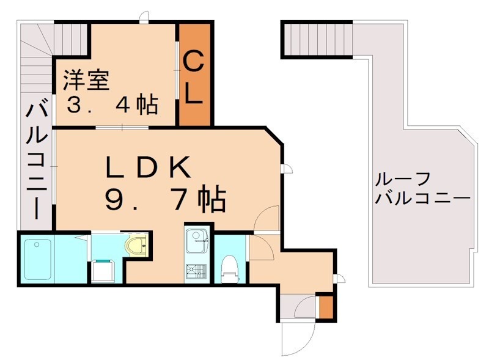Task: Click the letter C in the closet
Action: click(x=194, y=62)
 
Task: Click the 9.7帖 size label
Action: click(x=165, y=199)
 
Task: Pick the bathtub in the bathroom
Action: click(x=38, y=259)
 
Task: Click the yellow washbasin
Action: click(x=136, y=246)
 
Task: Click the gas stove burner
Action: click(x=197, y=271)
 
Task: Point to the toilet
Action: click(x=230, y=268)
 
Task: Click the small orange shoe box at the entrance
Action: click(x=326, y=307)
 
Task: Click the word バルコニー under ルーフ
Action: click(x=422, y=199)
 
